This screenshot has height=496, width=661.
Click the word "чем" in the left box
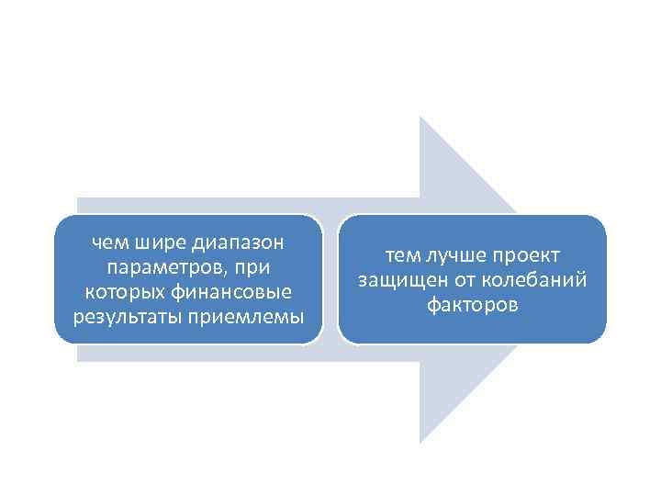coord(111,243)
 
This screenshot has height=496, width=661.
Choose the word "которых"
coord(115,293)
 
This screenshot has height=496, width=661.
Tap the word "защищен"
coord(396,281)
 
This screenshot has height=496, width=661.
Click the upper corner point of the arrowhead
coord(420,118)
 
